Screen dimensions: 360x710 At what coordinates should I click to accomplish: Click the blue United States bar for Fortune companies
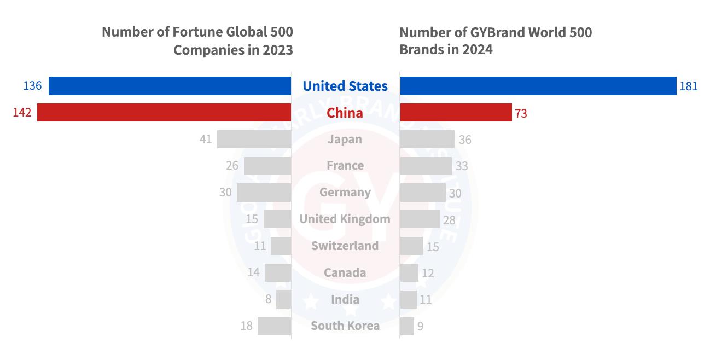[x=170, y=86]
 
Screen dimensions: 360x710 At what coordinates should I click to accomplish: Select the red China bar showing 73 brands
[x=456, y=113]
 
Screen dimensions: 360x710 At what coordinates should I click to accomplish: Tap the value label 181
[x=689, y=86]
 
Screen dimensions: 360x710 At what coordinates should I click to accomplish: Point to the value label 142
[x=22, y=113]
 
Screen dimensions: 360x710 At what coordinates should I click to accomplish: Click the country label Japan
[x=345, y=139]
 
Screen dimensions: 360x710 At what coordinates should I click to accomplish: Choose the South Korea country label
[x=345, y=326]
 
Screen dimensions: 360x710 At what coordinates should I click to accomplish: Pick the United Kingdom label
[x=345, y=219]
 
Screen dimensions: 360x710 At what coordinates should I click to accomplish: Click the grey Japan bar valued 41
[x=254, y=139]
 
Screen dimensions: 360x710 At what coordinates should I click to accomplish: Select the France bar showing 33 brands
[x=426, y=166]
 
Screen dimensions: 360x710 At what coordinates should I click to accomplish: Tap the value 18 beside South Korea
[x=246, y=326]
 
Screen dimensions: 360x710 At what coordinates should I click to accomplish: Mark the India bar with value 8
[x=283, y=299]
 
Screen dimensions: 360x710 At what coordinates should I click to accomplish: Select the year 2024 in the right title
[x=477, y=49]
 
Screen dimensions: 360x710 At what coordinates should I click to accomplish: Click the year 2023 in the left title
[x=277, y=50]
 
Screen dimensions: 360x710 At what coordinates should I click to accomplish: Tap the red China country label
[x=345, y=113]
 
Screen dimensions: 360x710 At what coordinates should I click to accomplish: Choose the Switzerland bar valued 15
[x=411, y=246]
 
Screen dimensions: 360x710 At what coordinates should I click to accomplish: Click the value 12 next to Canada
[x=428, y=273]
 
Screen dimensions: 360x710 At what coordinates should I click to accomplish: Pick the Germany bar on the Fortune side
[x=264, y=192]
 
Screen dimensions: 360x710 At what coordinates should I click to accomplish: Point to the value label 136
[x=32, y=86]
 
